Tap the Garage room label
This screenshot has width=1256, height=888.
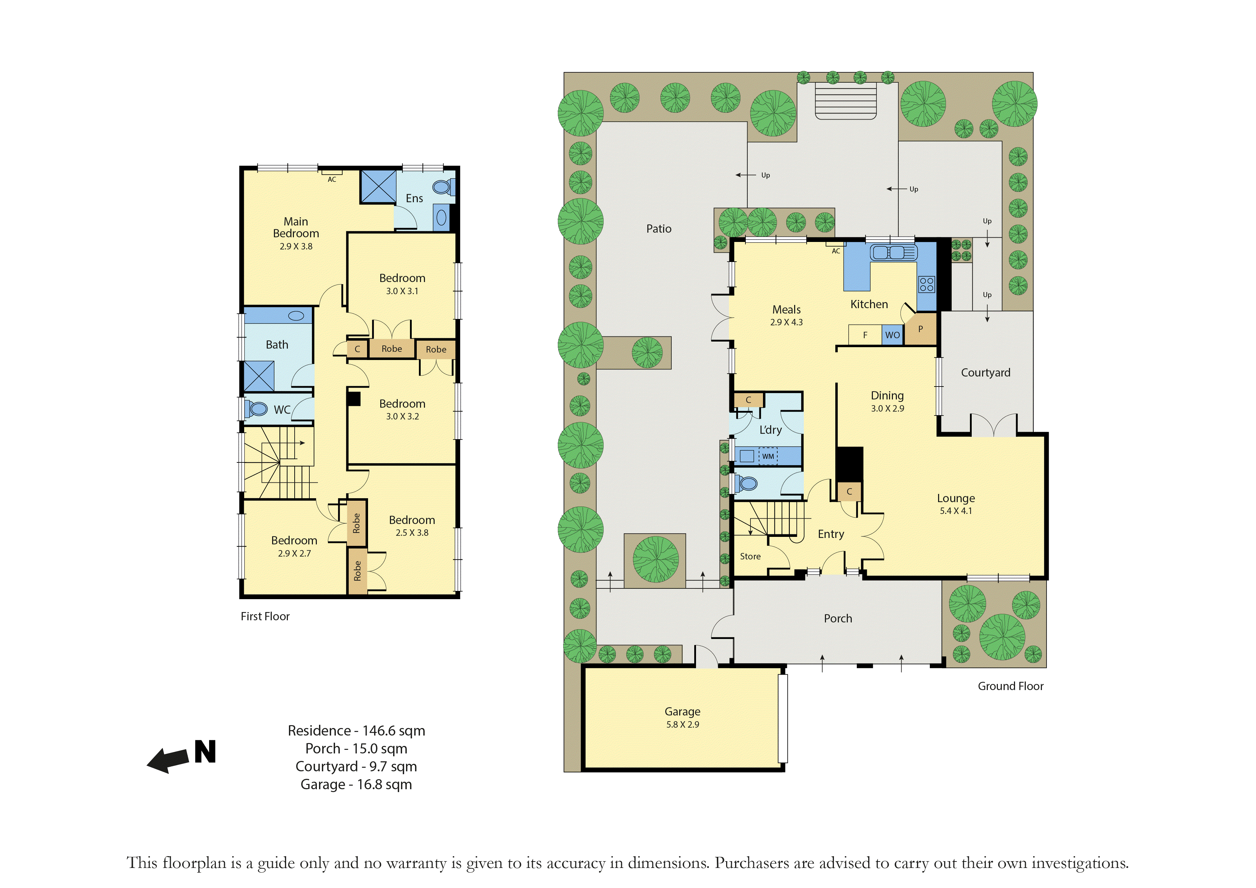[x=682, y=712]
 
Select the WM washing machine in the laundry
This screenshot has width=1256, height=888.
[x=768, y=456]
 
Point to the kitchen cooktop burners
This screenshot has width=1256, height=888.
[x=927, y=284]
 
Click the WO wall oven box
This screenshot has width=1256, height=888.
[x=892, y=335]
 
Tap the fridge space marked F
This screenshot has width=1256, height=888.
[x=865, y=335]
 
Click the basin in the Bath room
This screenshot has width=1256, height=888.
[x=296, y=315]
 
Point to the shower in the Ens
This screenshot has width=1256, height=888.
[x=378, y=186]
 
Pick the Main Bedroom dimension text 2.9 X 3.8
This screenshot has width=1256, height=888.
[x=296, y=247]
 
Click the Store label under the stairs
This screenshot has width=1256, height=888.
[x=750, y=556]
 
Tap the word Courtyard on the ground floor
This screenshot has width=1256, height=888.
[x=986, y=372]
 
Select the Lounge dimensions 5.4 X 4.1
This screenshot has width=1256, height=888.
[x=956, y=511]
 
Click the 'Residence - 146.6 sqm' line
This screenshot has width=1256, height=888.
[x=356, y=731]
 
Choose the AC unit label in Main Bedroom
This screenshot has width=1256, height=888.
[x=332, y=179]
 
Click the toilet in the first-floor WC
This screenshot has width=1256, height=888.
[x=256, y=408]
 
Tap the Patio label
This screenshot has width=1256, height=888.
[x=659, y=229]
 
